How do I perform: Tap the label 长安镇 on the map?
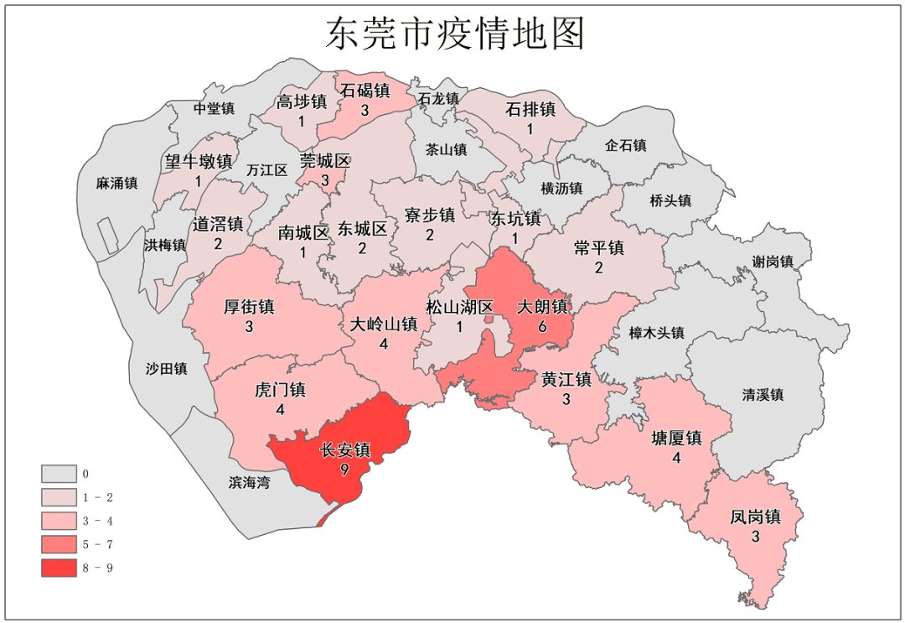(345, 450)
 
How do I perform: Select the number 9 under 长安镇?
(345, 470)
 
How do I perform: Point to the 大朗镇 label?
(542, 307)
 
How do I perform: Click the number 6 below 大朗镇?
(542, 327)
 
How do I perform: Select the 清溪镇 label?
(763, 394)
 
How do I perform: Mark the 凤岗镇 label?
(755, 517)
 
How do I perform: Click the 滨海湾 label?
(250, 482)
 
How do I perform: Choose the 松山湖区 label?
(460, 307)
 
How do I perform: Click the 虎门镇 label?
(280, 390)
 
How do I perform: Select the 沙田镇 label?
(166, 368)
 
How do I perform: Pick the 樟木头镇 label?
(656, 333)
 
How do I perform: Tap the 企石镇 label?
(626, 145)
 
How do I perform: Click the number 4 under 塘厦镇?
(676, 459)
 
